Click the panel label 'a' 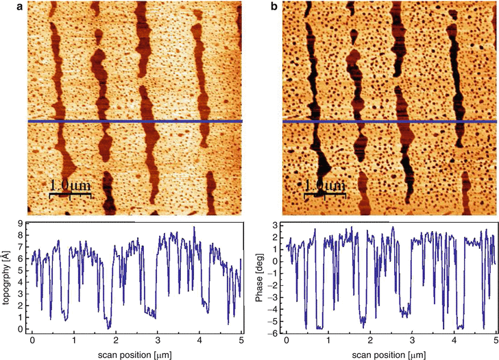4,7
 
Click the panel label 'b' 276,7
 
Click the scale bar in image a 70,195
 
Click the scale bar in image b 326,195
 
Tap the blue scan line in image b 390,122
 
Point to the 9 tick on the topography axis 23,224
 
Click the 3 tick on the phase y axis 277,226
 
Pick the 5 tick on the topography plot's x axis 241,341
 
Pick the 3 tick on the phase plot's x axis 412,341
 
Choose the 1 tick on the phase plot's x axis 328,341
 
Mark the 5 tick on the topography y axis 23,271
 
